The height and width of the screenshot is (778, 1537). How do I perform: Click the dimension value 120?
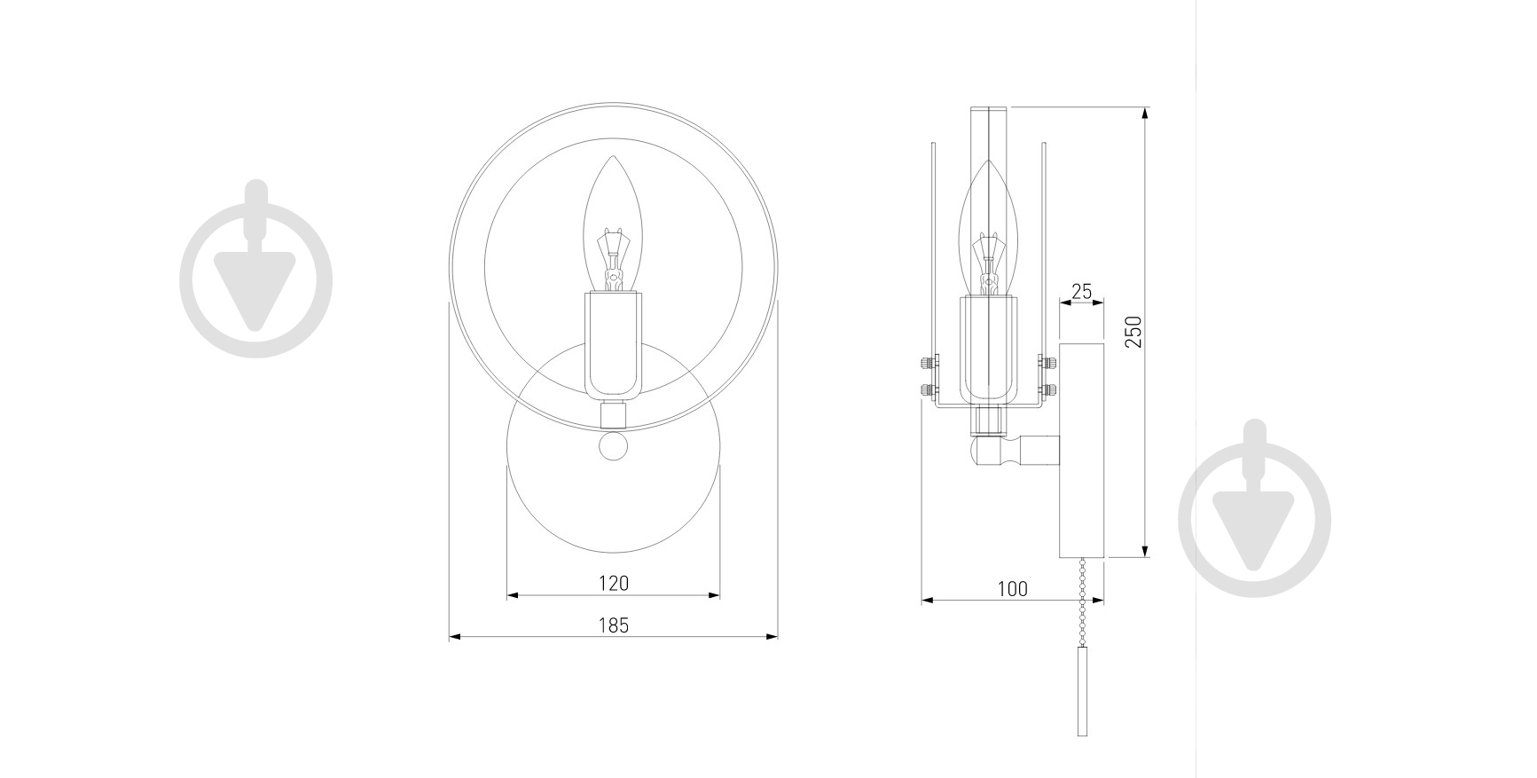click(613, 583)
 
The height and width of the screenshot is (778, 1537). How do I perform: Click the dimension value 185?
click(613, 625)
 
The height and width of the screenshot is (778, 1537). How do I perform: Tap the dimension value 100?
click(1012, 588)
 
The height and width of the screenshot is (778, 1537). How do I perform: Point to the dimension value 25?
click(1082, 291)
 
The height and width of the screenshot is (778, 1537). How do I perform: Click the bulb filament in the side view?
click(990, 262)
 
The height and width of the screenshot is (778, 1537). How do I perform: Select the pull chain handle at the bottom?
click(1082, 690)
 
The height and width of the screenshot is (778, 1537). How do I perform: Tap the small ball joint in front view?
click(613, 445)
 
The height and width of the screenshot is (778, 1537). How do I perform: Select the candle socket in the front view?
click(613, 344)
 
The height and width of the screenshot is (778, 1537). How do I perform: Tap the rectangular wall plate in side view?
click(1082, 450)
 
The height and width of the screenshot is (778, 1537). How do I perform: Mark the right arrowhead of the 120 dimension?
click(715, 594)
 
